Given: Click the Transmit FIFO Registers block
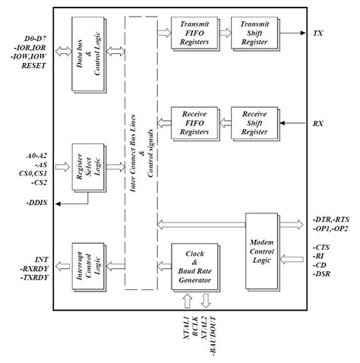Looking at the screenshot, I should (x=195, y=33).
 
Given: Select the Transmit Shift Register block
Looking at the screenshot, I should (x=254, y=33).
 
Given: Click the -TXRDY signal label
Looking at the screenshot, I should (x=34, y=278).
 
